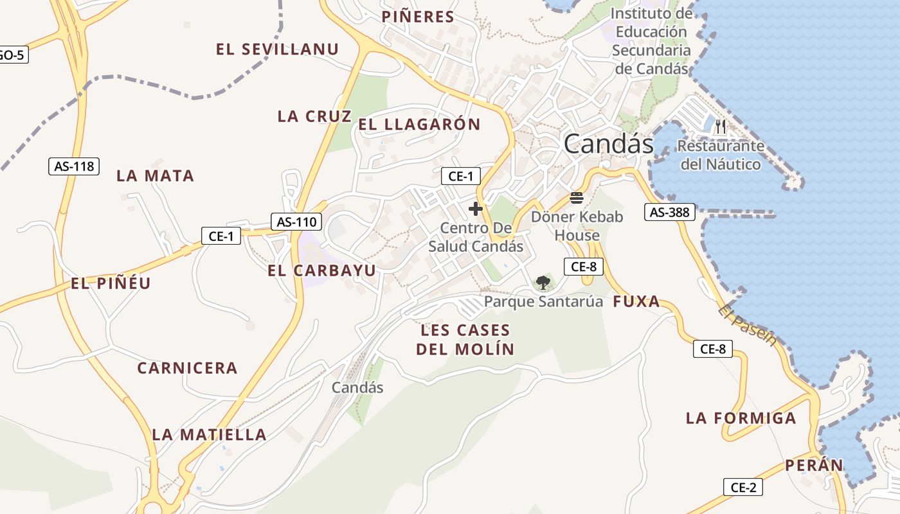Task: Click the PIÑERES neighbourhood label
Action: point(418,17)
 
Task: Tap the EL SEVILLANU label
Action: point(277,49)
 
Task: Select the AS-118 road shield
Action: point(74,166)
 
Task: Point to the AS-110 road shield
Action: point(296,222)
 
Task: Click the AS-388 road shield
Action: point(670,212)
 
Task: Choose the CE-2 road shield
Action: point(743,488)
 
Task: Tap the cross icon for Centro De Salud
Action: point(476,209)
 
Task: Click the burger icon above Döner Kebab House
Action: point(577,197)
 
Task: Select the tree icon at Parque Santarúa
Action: point(543,282)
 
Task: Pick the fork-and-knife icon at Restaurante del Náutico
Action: point(721,127)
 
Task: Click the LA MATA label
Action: point(155,176)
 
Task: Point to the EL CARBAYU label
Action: point(321,270)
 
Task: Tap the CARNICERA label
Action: point(187,368)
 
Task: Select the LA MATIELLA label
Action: point(209,435)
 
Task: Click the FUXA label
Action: point(636,301)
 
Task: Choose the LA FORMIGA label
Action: point(741,418)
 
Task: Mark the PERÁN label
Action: point(814,465)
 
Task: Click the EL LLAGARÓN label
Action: point(419,125)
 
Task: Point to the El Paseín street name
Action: point(748,325)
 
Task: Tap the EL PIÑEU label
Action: point(111,283)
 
